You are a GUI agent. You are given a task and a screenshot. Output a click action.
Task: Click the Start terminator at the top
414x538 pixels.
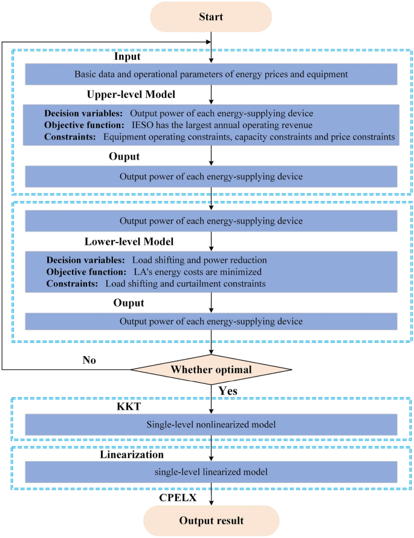coord(211,16)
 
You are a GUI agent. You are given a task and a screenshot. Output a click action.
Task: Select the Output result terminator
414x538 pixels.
coord(211,520)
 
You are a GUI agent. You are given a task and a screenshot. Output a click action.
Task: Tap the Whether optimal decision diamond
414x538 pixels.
coord(211,369)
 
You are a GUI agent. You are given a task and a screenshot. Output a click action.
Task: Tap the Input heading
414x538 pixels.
coord(128,56)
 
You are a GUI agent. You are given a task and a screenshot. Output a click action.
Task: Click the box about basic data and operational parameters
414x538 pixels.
coord(211,74)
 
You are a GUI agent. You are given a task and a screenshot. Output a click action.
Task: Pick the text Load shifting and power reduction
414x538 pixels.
coord(199,260)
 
